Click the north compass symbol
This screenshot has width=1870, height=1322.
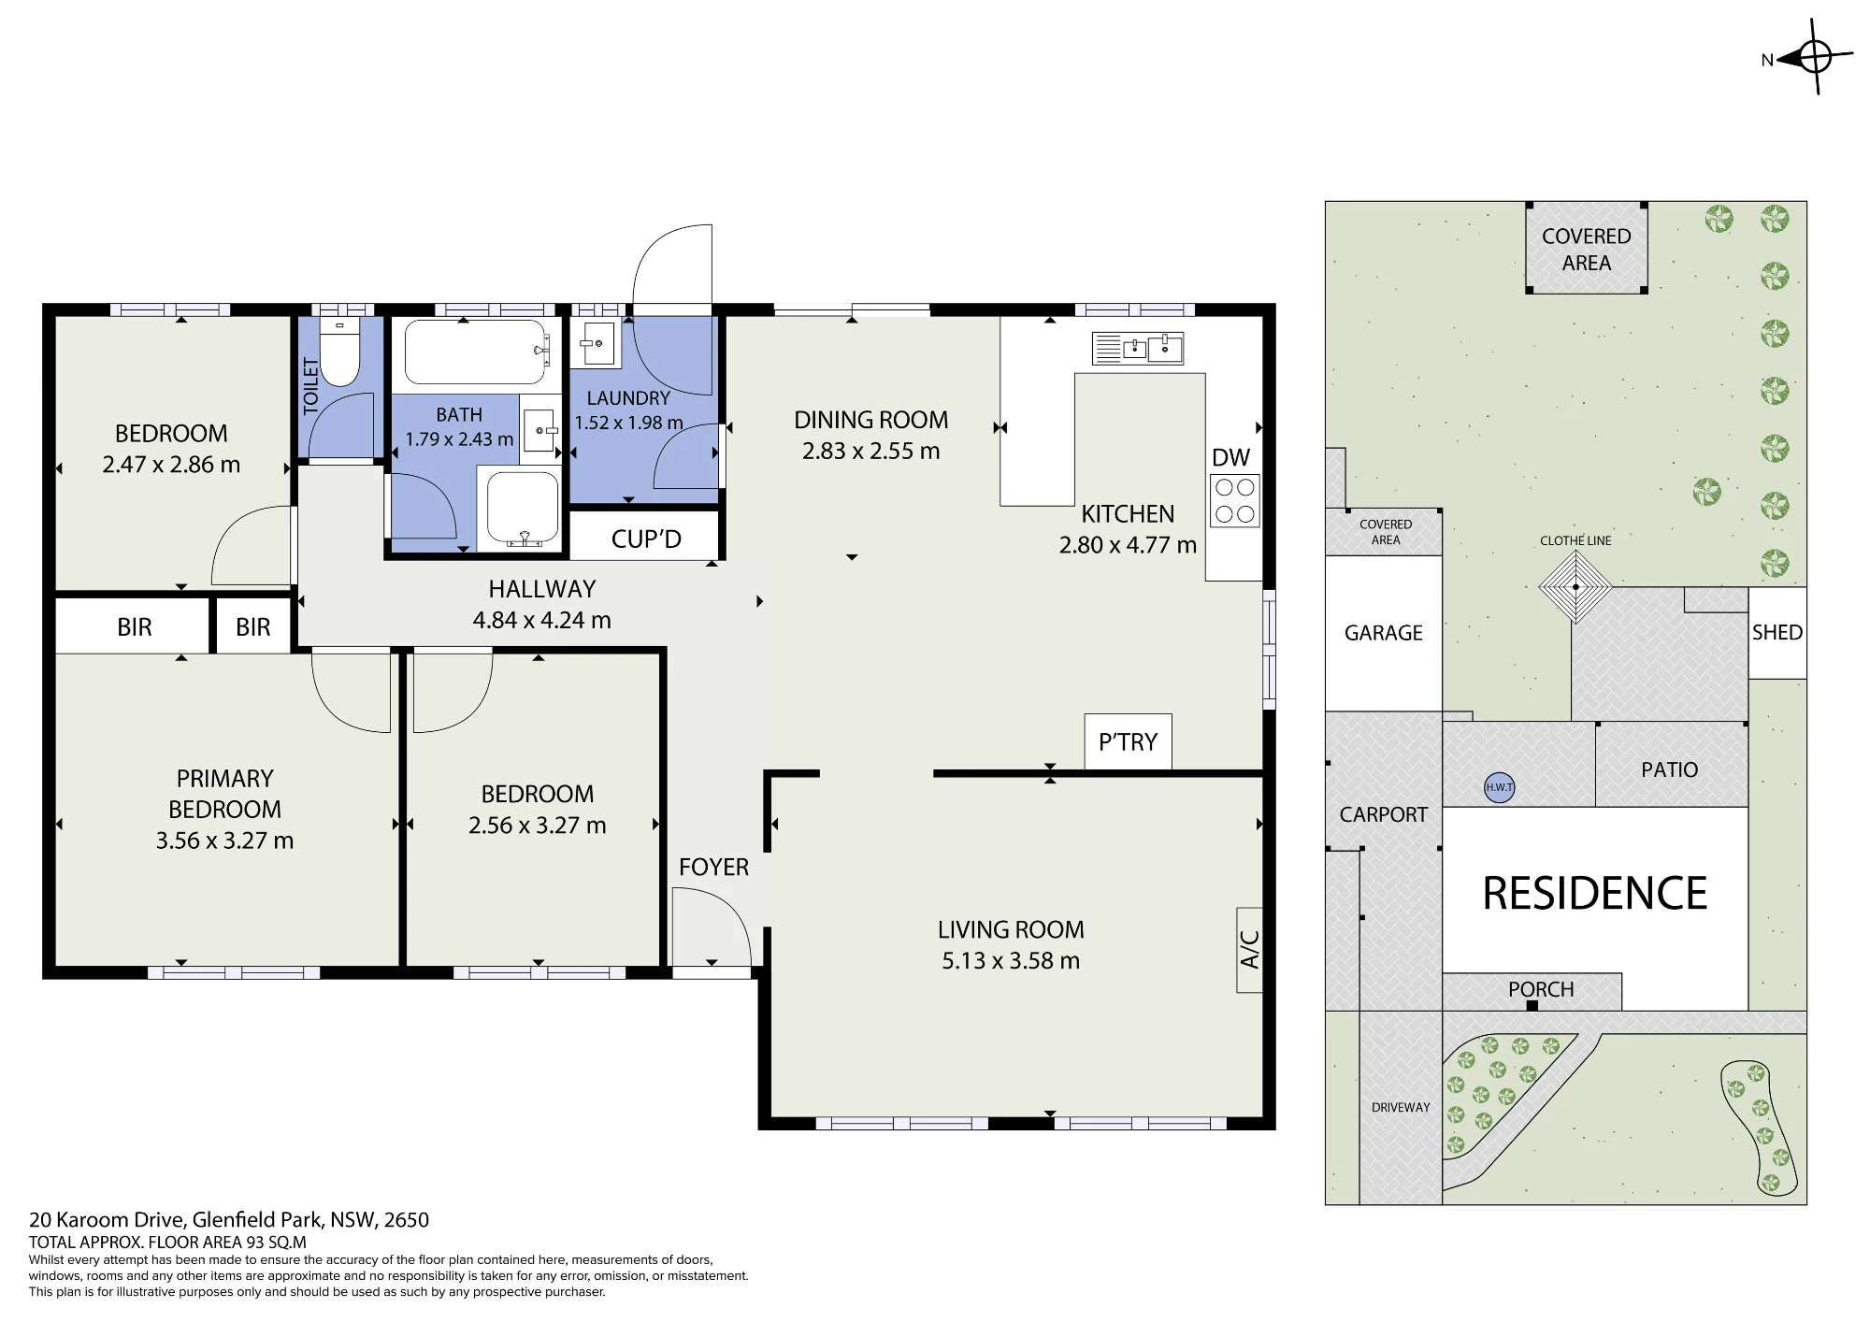[x=1814, y=58]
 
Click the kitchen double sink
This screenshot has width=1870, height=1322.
[x=1138, y=349]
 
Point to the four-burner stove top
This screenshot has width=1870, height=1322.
[x=1234, y=501]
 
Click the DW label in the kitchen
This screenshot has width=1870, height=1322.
[x=1230, y=457]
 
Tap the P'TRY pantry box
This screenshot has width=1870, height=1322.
[x=1128, y=741]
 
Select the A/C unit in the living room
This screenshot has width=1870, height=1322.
[x=1249, y=949]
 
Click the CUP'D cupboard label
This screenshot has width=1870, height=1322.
[x=646, y=539]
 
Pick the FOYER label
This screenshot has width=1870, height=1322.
[x=713, y=867]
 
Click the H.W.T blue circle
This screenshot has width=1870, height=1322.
[x=1499, y=787]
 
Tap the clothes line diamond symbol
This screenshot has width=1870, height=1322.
[x=1575, y=587]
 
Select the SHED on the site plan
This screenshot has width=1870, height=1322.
[x=1776, y=632]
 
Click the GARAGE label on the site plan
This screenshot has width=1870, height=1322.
[x=1383, y=633]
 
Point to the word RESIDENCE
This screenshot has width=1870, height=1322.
[x=1594, y=893]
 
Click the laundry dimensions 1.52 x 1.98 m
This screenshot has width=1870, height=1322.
[x=628, y=423]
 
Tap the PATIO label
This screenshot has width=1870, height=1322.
[x=1669, y=769]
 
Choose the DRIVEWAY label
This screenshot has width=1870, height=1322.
[x=1401, y=1107]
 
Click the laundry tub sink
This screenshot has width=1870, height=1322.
[x=595, y=344]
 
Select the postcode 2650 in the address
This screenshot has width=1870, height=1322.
[x=406, y=1219]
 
